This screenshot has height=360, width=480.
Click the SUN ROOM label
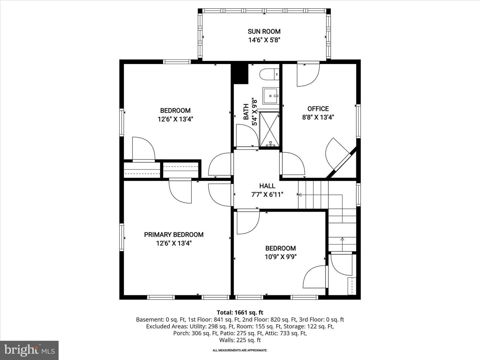[x=264, y=31]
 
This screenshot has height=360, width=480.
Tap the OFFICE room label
[x=318, y=109]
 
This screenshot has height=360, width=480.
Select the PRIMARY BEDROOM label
[x=174, y=235]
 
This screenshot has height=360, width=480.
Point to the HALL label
[x=267, y=186]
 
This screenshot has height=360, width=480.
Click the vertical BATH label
[x=246, y=112]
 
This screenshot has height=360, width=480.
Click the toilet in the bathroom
[x=269, y=74]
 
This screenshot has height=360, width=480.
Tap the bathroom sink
[x=271, y=96]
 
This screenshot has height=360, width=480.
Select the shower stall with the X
[x=269, y=129]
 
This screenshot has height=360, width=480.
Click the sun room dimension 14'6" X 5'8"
[x=264, y=40]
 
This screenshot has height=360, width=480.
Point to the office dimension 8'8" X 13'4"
[x=318, y=117]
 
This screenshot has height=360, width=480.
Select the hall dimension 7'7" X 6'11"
[x=267, y=194]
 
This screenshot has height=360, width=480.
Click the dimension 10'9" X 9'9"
[x=281, y=257]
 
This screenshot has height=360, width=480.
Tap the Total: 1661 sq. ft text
[x=240, y=313]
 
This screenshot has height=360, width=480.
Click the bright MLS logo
[x=29, y=350]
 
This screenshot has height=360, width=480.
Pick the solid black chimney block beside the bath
[x=240, y=74]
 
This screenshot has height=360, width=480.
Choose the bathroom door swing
[x=247, y=136]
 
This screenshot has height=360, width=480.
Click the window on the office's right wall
[x=358, y=121]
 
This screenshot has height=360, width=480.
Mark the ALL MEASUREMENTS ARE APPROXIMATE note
[x=240, y=350]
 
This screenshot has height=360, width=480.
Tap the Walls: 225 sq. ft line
[x=240, y=340]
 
